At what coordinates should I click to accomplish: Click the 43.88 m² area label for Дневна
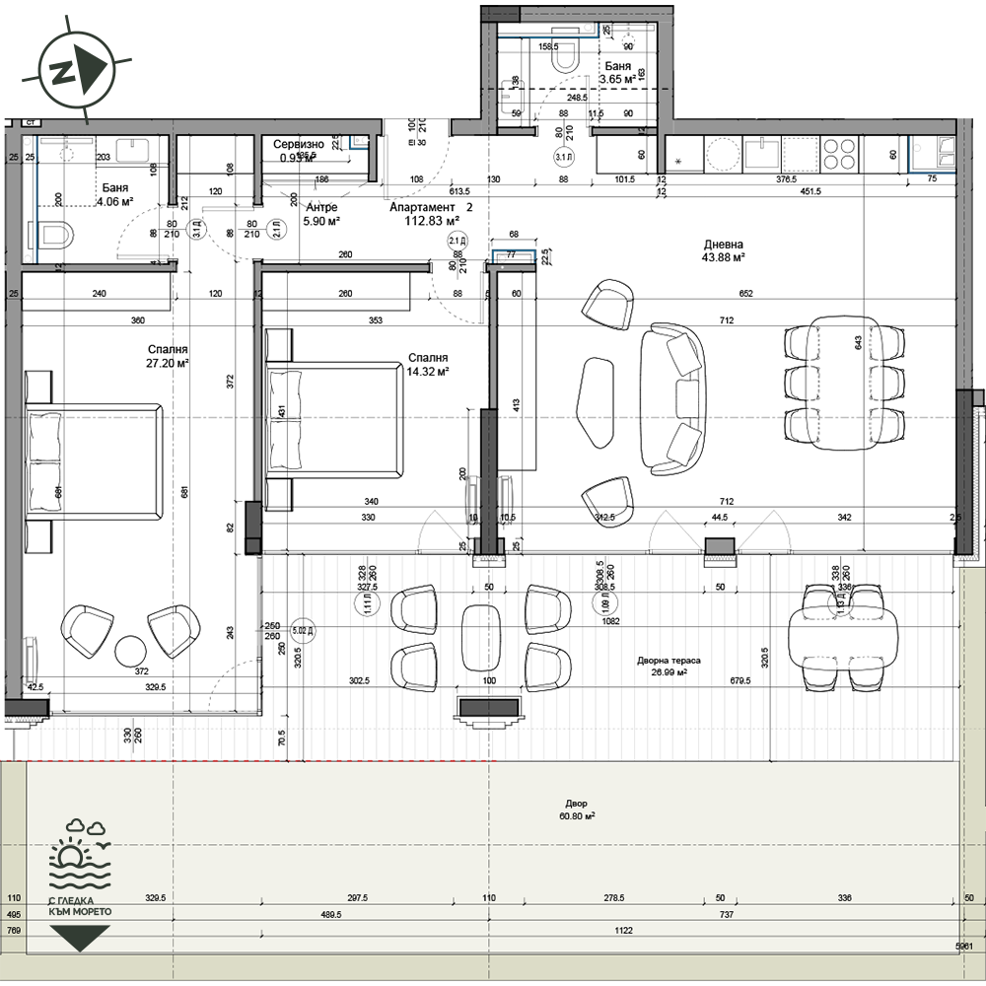pyautogui.click(x=724, y=257)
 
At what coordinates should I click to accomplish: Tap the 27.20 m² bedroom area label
pyautogui.click(x=167, y=363)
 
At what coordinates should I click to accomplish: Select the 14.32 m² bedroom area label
pyautogui.click(x=429, y=372)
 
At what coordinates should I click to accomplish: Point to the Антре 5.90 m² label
pyautogui.click(x=322, y=222)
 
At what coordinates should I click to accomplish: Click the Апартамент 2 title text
pyautogui.click(x=431, y=208)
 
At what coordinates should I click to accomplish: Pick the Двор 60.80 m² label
pyautogui.click(x=576, y=810)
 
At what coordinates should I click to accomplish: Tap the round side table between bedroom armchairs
pyautogui.click(x=131, y=651)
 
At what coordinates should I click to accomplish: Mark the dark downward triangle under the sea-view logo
pyautogui.click(x=80, y=939)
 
